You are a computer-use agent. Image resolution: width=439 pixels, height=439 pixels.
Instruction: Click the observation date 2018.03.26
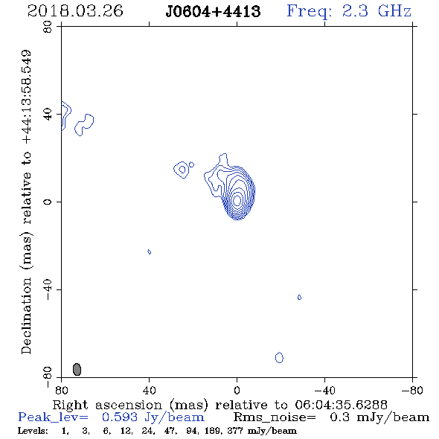click(75, 11)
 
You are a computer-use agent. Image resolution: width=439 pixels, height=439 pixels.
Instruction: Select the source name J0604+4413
click(213, 12)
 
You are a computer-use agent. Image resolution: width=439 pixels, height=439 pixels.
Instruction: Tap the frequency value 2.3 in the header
click(355, 11)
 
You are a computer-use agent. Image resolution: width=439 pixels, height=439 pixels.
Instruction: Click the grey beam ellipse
click(77, 369)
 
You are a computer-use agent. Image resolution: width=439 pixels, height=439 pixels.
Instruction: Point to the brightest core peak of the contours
click(237, 200)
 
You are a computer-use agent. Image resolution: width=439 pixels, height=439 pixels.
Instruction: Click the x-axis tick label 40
click(149, 390)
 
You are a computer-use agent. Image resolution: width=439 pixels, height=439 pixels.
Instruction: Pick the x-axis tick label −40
click(324, 390)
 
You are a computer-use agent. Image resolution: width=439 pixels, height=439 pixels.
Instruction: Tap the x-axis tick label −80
click(412, 390)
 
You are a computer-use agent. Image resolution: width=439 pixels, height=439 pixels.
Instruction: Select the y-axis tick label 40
click(48, 115)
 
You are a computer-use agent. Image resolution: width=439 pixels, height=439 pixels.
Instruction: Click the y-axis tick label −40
click(48, 289)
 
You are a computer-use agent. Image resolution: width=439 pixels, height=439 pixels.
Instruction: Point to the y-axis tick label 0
click(48, 202)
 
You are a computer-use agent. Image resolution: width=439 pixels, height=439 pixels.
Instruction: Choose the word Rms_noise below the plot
click(275, 417)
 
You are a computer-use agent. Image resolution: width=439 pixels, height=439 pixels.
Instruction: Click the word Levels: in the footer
click(33, 430)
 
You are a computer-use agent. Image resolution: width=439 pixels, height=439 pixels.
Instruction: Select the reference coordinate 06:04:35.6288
click(341, 405)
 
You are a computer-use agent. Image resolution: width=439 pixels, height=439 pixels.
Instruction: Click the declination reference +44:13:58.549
click(27, 97)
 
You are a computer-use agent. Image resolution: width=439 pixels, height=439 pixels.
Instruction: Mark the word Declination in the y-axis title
click(26, 315)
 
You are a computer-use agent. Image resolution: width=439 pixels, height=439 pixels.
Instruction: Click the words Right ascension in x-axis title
click(107, 405)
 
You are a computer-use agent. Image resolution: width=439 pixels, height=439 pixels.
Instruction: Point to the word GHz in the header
click(394, 11)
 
